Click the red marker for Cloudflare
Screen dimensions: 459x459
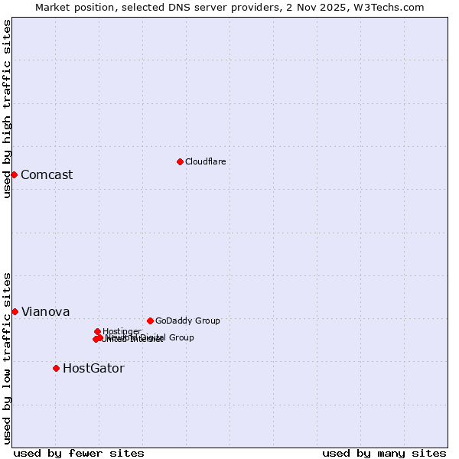pos(180,161)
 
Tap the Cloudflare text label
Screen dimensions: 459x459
pos(205,161)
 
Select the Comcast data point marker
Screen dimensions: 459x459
pos(14,174)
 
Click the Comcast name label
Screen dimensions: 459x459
pos(47,174)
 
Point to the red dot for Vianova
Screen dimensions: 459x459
pos(15,311)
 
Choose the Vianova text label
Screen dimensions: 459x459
pos(45,311)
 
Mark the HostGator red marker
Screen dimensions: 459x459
pos(56,368)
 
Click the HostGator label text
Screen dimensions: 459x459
pos(93,368)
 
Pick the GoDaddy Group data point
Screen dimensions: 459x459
pos(150,321)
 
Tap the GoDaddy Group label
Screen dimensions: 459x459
pos(187,321)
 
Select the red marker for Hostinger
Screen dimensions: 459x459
pos(97,331)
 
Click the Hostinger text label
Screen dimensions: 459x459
pos(122,331)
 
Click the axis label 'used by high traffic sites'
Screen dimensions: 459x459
pos(7,109)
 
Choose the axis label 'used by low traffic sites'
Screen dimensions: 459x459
pos(7,358)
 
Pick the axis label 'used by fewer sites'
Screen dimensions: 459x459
pos(79,453)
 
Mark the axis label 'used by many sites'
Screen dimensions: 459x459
pos(384,453)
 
